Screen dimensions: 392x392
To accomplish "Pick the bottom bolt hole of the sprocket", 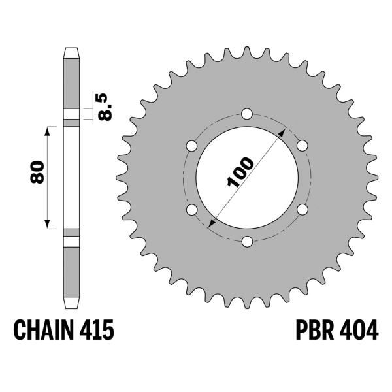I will click(x=246, y=242).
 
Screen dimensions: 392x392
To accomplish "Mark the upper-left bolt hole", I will click(x=191, y=145).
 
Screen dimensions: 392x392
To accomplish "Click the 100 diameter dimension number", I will click(x=240, y=172).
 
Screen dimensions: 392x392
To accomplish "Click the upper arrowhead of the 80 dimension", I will click(x=48, y=131).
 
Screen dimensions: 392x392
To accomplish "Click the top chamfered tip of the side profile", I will click(x=72, y=52).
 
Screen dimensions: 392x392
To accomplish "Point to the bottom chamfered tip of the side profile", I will click(x=72, y=302).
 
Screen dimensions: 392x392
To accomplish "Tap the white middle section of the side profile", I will click(x=72, y=176).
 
